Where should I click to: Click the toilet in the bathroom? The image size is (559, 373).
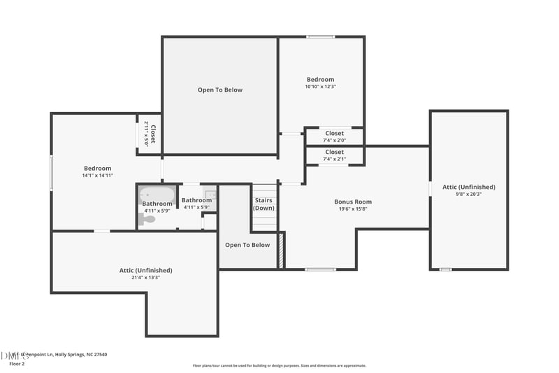147,219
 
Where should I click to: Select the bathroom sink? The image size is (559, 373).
210,194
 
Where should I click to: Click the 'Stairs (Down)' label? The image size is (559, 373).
263,204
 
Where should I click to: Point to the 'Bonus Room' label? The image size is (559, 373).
353,202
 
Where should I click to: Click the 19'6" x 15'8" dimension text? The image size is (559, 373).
353,209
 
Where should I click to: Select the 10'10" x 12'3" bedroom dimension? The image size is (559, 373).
320,87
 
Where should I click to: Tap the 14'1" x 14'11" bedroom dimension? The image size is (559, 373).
97,176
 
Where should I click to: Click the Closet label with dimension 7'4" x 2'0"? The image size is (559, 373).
334,133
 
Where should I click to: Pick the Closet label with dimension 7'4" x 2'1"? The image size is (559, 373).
334,152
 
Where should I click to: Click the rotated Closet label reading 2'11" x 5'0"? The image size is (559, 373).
150,132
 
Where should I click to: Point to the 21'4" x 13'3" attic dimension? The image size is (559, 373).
145,277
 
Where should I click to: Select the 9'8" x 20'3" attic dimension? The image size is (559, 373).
468,194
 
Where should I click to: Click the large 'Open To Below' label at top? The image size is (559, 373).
220,90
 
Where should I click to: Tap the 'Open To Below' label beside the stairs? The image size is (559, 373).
247,245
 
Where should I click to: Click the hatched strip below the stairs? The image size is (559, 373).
282,251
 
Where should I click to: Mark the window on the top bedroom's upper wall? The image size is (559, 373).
320,37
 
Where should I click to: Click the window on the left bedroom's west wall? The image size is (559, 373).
51,172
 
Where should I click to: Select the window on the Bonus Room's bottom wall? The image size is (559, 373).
321,269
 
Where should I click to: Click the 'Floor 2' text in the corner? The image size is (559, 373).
17,364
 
